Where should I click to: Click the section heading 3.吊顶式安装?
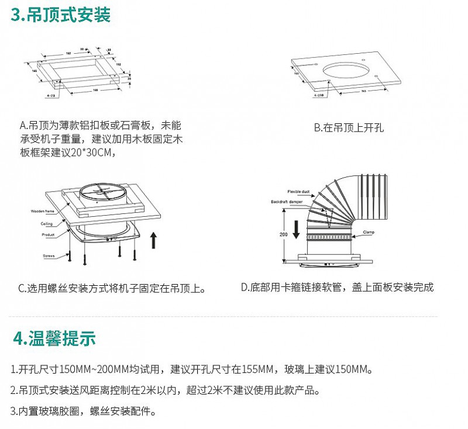tap(61, 14)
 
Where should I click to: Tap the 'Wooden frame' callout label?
tap(43, 210)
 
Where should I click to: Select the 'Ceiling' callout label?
tap(46, 223)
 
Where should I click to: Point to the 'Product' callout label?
tap(47, 234)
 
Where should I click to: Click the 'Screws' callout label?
tap(48, 256)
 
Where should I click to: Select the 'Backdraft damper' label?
tap(287, 201)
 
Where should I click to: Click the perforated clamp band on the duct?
tap(329, 237)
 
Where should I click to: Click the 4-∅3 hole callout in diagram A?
tap(50, 94)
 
